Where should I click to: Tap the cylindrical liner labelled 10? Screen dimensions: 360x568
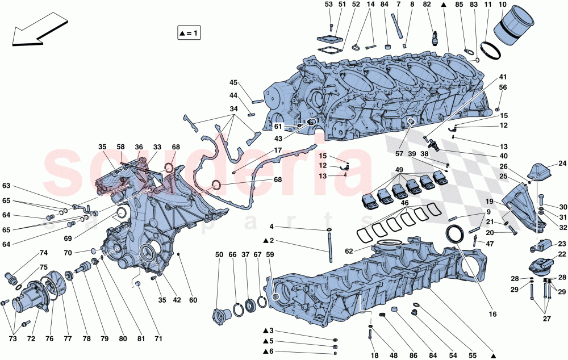click(x=515, y=29)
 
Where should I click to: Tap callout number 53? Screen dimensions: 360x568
click(x=329, y=5)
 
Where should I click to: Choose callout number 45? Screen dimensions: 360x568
click(x=233, y=82)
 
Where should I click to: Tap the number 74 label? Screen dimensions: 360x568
click(x=43, y=253)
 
